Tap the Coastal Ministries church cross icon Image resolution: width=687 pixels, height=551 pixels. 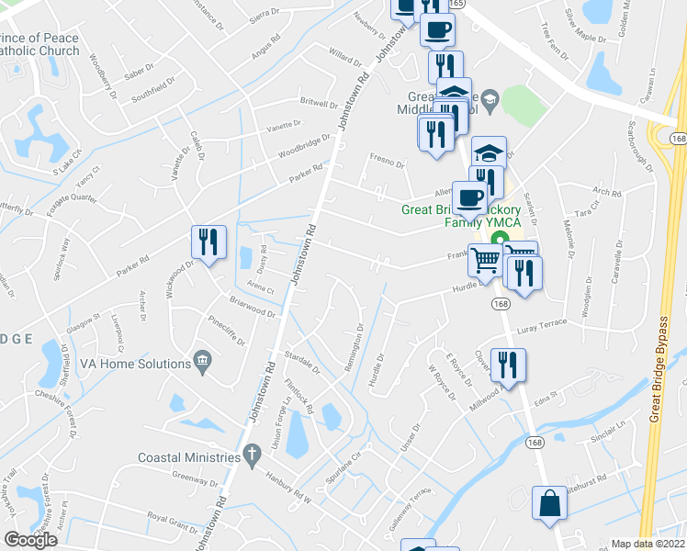pos(252,455)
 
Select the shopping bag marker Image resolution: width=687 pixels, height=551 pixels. pos(549,504)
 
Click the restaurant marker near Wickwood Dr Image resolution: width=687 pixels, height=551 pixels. pos(208,242)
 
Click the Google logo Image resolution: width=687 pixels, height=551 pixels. pos(30,539)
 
